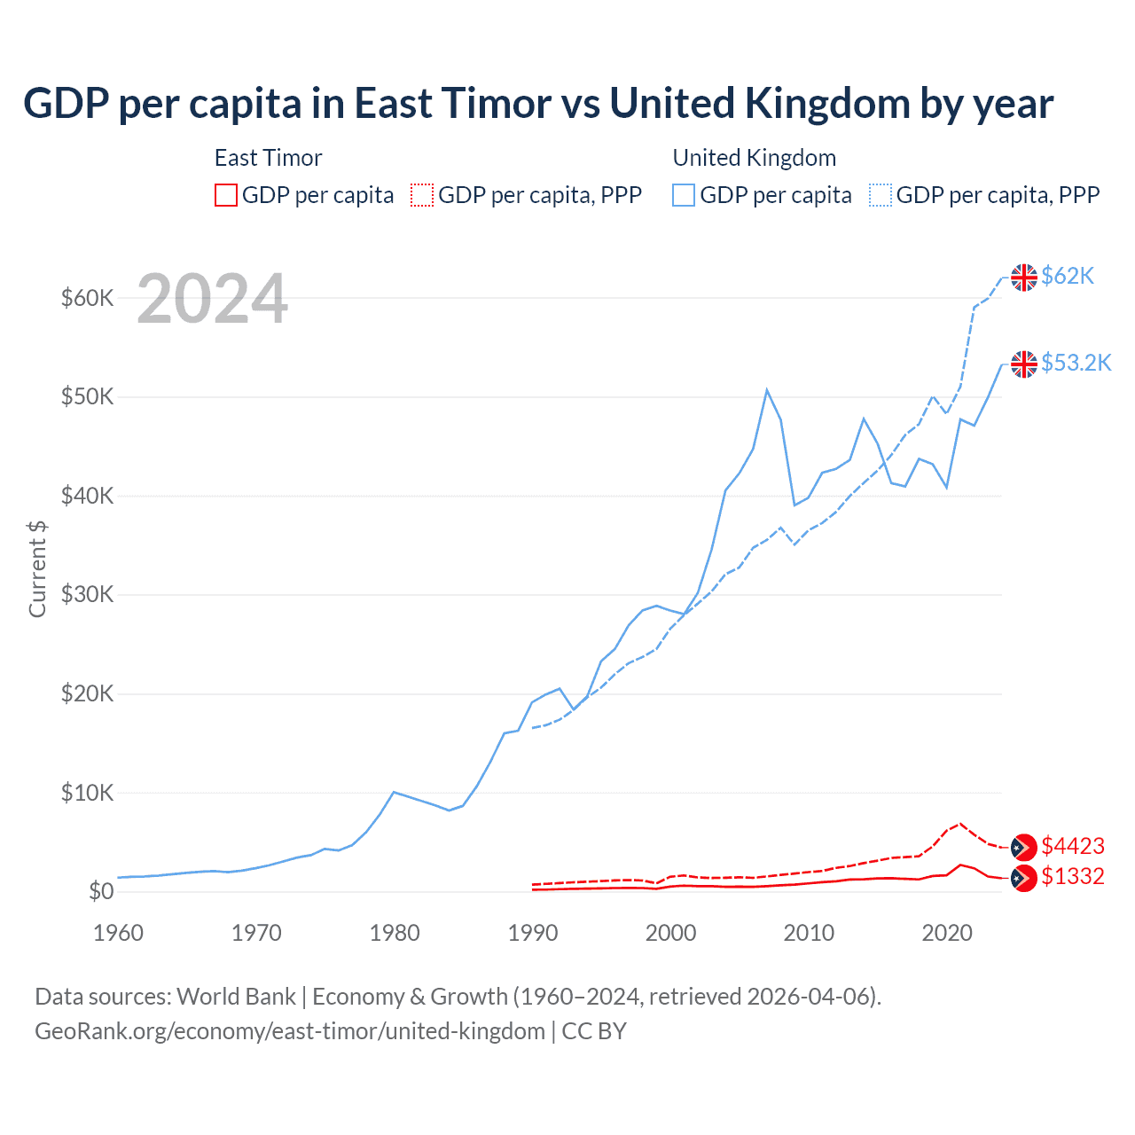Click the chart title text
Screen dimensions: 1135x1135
(x=538, y=104)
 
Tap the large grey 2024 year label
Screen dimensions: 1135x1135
(x=212, y=300)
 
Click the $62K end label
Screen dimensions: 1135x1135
(x=1068, y=276)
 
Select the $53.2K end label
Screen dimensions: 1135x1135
(x=1076, y=363)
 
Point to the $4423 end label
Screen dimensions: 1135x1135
(x=1073, y=846)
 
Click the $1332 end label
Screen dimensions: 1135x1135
(x=1073, y=876)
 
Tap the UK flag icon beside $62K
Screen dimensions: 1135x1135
(x=1024, y=278)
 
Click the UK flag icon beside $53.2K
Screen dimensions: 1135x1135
(x=1024, y=364)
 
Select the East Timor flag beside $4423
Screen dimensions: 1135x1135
(x=1024, y=848)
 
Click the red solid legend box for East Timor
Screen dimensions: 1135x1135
(x=226, y=195)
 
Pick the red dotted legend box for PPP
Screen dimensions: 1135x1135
(x=422, y=195)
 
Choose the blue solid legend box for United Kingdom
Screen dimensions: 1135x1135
(x=684, y=195)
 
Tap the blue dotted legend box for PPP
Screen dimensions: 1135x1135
(x=881, y=195)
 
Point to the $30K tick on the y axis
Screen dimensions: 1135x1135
(x=87, y=595)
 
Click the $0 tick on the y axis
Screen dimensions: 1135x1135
(x=101, y=891)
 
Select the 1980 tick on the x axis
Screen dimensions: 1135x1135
(x=395, y=933)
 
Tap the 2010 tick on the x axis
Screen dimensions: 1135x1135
(x=809, y=933)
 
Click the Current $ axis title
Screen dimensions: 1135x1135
(x=37, y=568)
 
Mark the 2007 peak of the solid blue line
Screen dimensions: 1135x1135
(x=767, y=389)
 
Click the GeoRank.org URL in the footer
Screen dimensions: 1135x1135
(x=290, y=1031)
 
